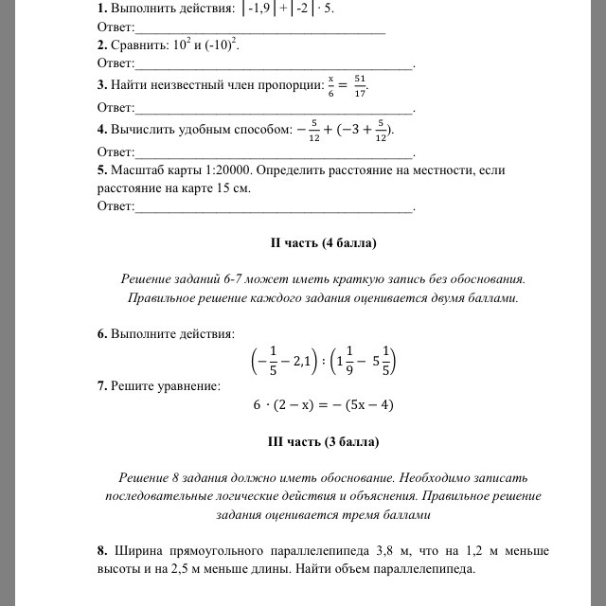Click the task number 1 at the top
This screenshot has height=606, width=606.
point(100,8)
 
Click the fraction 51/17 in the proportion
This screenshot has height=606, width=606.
point(359,85)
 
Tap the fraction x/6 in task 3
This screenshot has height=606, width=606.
point(331,85)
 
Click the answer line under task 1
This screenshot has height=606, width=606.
point(260,27)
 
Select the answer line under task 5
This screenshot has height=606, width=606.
point(275,206)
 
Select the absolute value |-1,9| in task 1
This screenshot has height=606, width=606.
point(259,9)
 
